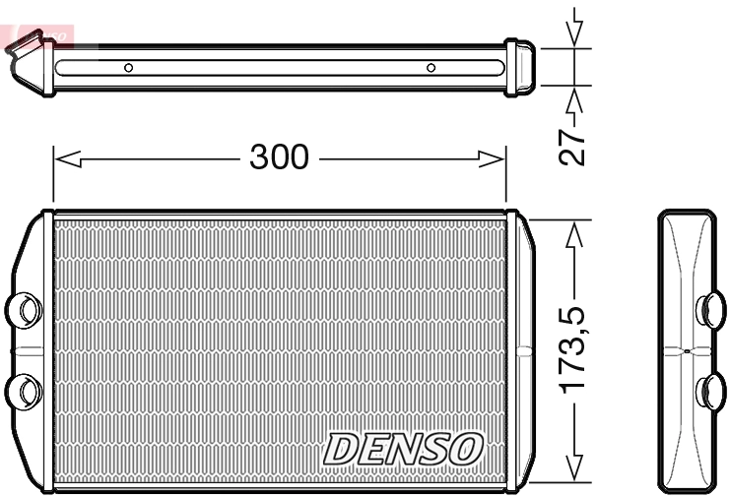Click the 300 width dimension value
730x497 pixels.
tap(280, 157)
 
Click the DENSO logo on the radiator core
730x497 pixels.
tap(405, 450)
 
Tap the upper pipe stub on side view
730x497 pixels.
tap(708, 309)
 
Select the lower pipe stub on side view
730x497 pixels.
tap(708, 390)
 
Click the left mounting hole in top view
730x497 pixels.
tap(128, 68)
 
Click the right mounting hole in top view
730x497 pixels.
tap(431, 68)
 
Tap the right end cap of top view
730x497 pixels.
tap(520, 67)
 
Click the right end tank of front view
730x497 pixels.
tap(520, 349)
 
